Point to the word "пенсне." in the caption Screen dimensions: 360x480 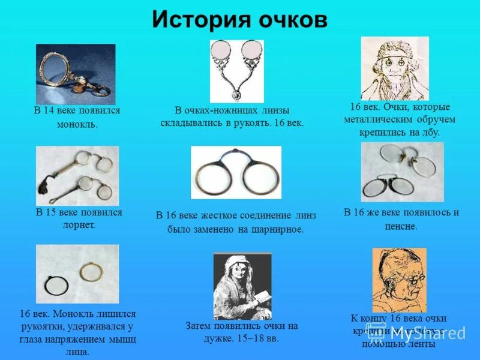pyautogui.click(x=401, y=226)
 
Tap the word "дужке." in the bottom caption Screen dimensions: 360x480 pyautogui.click(x=222, y=338)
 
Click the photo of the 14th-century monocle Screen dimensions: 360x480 pyautogui.click(x=76, y=74)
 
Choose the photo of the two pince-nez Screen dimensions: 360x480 pyautogui.click(x=402, y=172)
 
